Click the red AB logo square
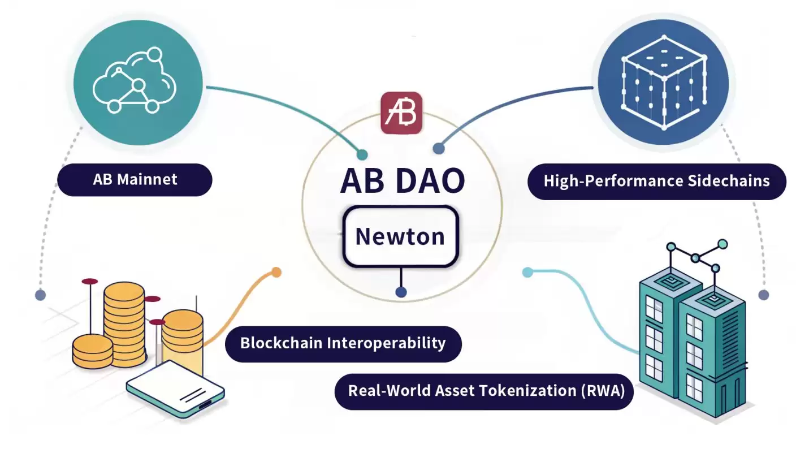[401, 113]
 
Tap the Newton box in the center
[400, 236]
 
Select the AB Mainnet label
[135, 180]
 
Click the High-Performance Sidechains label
[656, 181]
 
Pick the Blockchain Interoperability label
[343, 343]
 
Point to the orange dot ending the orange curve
[276, 273]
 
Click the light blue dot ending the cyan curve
[527, 273]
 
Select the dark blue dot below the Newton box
[401, 292]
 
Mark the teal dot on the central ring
[362, 155]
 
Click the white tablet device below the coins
[175, 390]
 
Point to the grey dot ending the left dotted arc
[40, 295]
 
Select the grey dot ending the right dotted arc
[764, 295]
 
